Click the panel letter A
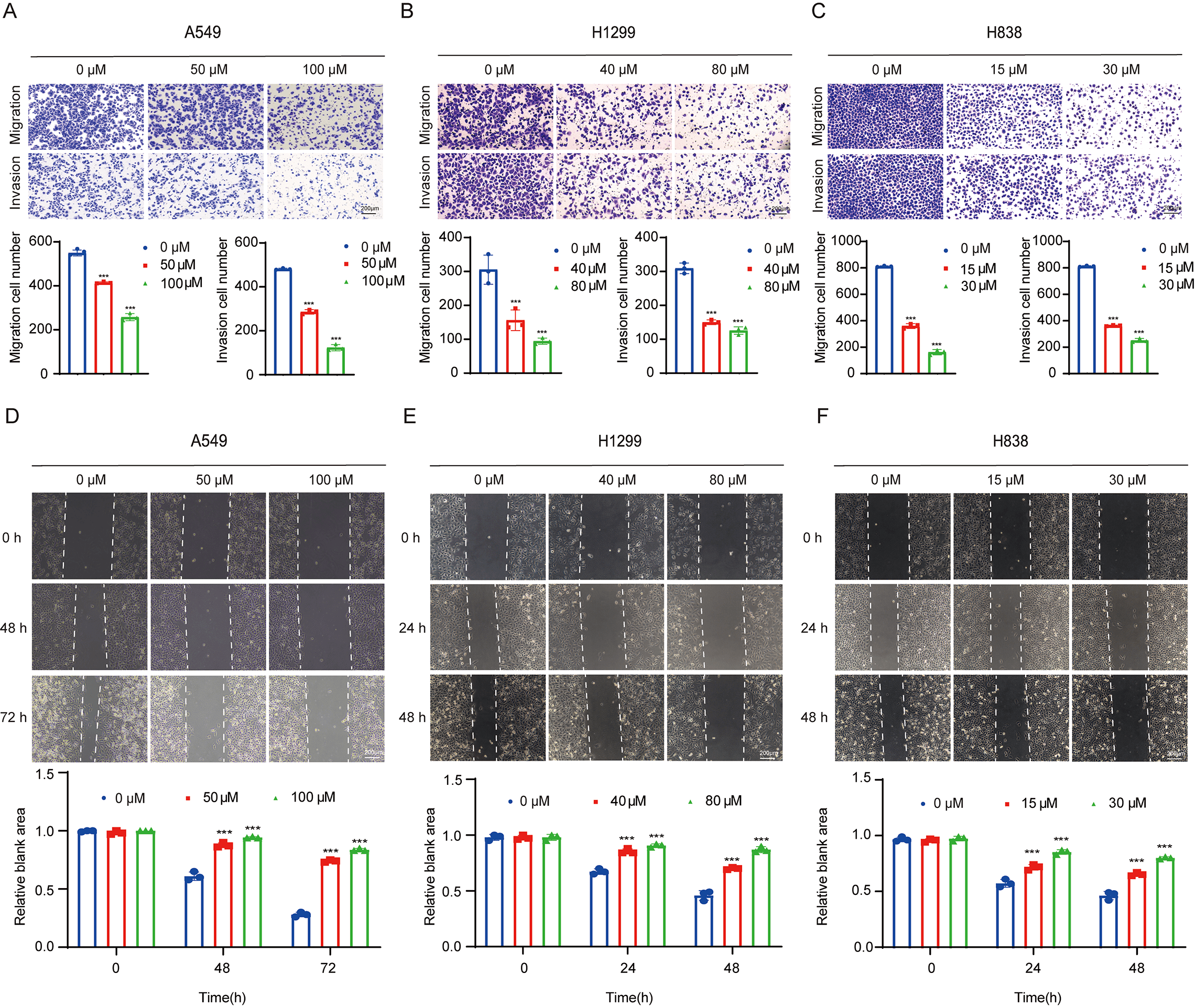click(10, 11)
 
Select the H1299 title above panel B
click(613, 32)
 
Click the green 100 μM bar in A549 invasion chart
click(336, 361)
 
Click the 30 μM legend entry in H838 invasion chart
click(1175, 284)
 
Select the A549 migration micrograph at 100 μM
click(325, 116)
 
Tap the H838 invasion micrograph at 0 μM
click(885, 186)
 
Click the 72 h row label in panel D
click(14, 717)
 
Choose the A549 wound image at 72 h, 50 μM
click(208, 718)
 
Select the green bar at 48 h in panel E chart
click(761, 899)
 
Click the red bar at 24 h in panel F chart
click(1033, 907)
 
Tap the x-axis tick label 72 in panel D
click(328, 968)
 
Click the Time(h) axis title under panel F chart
click(1037, 997)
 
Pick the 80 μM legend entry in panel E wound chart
click(723, 801)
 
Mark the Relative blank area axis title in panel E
click(429, 866)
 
